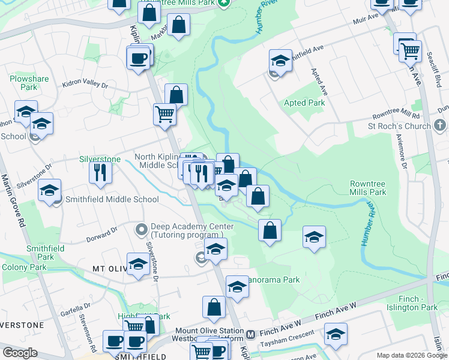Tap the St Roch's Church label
(399, 127)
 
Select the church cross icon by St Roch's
(440, 126)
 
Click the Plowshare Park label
(24, 83)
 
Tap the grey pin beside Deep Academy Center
(142, 228)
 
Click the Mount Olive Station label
(208, 331)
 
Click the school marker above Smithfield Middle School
(49, 191)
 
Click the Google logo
(20, 353)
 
